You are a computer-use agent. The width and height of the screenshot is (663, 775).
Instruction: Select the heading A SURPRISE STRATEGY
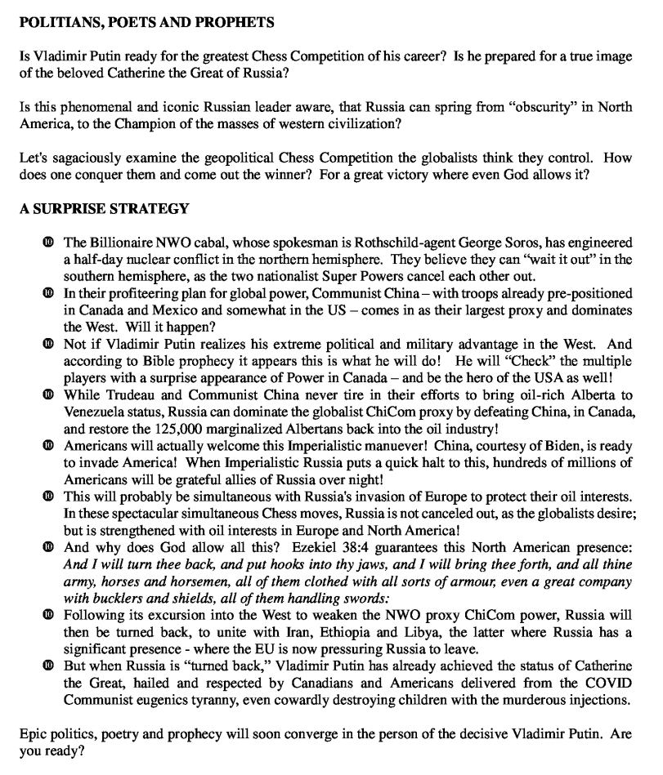tap(104, 208)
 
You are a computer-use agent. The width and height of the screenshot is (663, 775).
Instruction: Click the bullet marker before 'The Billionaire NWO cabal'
tap(49, 243)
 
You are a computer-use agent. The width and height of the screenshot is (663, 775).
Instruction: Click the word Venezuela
tap(99, 411)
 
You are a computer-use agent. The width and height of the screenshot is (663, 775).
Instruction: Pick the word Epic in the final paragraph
tap(33, 734)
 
